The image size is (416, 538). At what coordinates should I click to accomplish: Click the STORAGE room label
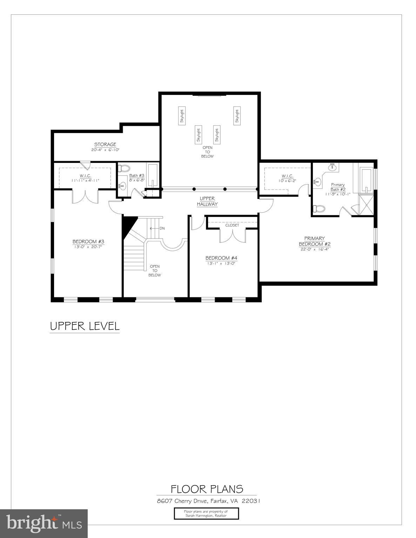(105, 144)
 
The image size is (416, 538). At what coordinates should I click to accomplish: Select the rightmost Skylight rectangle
(237, 116)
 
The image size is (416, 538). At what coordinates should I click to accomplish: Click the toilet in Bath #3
(124, 168)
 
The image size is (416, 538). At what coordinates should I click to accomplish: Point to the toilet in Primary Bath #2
(319, 209)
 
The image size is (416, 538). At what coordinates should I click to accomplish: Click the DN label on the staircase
(162, 228)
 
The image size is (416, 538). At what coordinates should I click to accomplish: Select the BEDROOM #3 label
(88, 241)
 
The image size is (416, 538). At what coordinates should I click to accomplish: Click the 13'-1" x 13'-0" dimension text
(221, 263)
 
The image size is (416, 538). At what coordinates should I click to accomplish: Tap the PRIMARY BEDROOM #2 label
(315, 241)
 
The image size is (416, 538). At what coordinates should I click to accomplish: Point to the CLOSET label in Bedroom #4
(232, 225)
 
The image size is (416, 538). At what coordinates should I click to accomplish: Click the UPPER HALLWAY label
(207, 201)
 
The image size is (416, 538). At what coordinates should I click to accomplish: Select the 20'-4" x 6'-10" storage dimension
(105, 150)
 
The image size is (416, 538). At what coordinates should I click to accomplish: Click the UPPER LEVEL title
(85, 326)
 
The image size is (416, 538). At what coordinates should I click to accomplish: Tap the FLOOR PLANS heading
(207, 489)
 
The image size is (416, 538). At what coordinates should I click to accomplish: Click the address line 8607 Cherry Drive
(208, 501)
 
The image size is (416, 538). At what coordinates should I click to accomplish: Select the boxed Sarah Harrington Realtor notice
(206, 513)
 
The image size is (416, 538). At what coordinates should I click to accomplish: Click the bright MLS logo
(44, 523)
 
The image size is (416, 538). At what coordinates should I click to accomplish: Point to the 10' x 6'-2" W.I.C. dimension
(287, 181)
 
